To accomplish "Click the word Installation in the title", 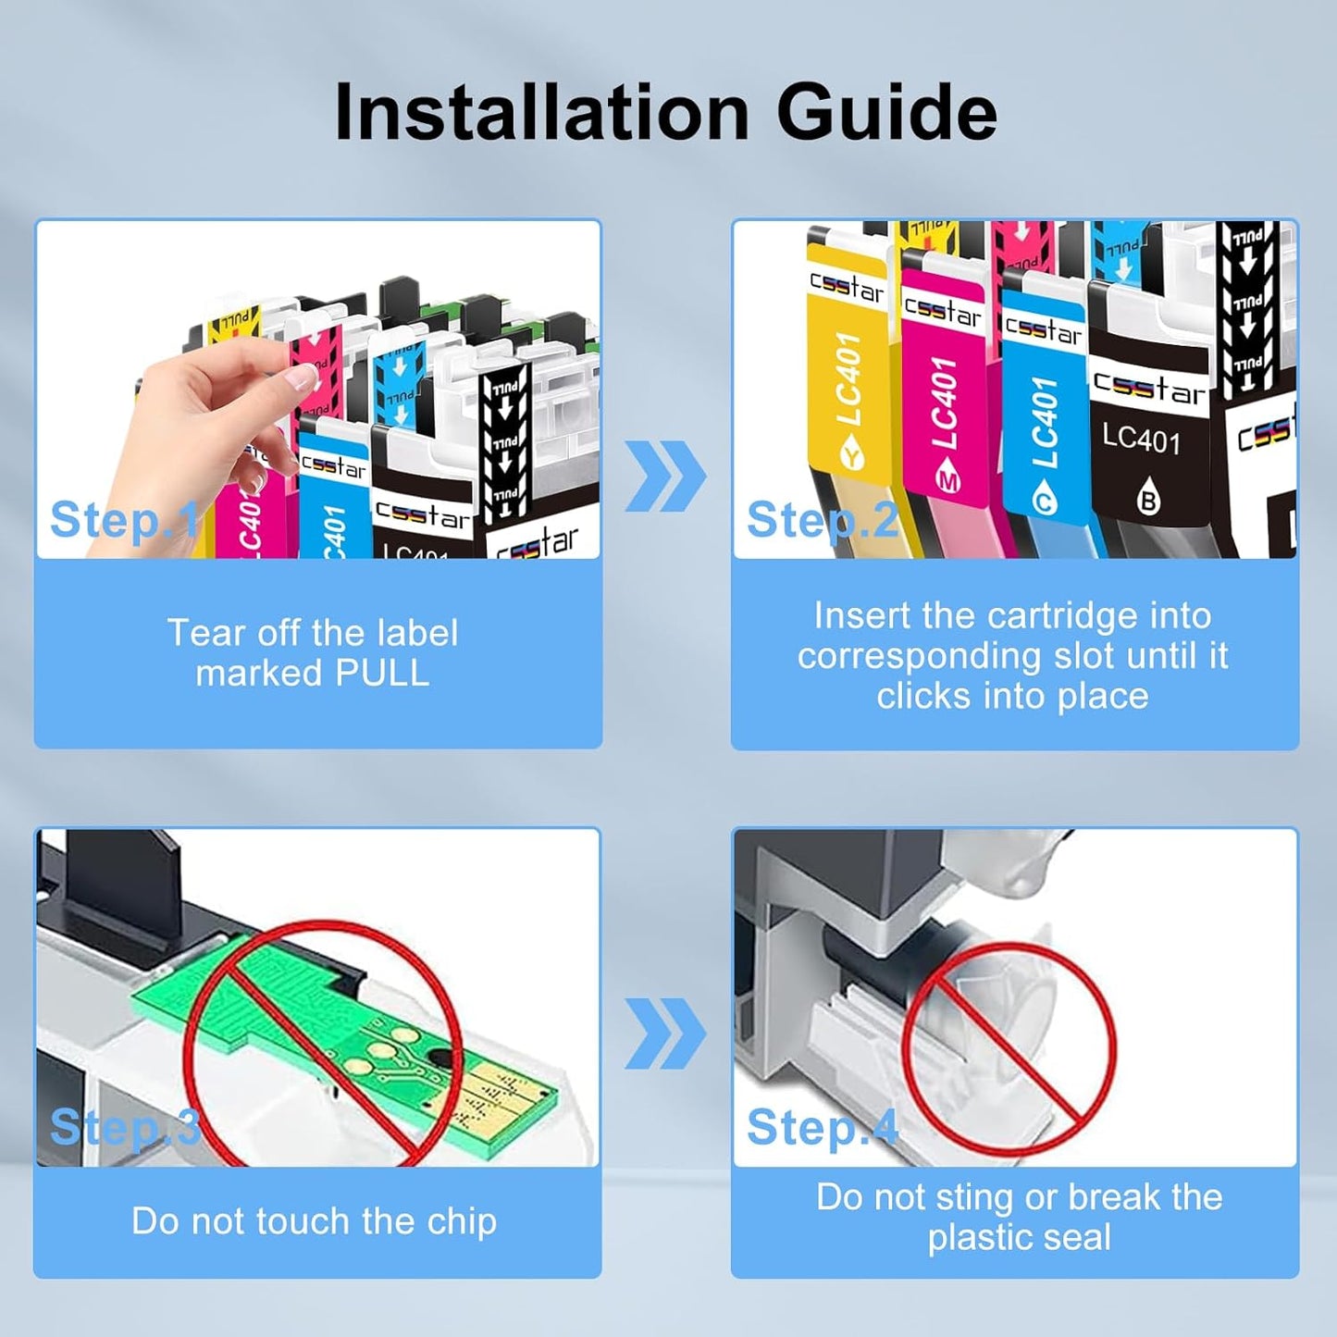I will coord(541,113).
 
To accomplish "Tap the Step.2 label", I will coord(822,519).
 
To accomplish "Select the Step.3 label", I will coord(125,1127).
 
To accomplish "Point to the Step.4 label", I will coord(822,1127).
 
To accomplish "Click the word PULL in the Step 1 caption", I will coord(382,674).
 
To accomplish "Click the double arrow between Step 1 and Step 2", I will coord(665,477).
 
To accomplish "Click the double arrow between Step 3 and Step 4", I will coord(665,1034).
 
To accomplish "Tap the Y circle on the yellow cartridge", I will coord(851,455).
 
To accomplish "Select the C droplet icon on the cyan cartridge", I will coord(1044,501).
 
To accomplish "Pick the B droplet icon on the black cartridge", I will coord(1147,499).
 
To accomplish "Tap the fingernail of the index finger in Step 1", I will coord(302,376).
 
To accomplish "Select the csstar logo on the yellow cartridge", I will coord(846,287).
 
